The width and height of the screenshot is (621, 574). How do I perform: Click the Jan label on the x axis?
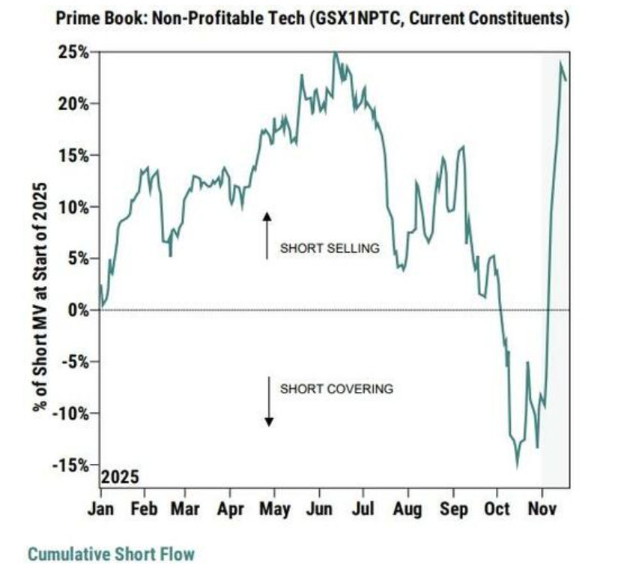102,509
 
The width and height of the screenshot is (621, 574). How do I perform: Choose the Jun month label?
320,509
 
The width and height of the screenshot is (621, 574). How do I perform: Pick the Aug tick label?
408,509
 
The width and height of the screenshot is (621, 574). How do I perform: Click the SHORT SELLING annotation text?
330,248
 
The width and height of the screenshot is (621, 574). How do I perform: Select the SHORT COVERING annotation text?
336,389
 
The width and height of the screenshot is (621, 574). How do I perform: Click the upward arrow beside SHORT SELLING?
265,235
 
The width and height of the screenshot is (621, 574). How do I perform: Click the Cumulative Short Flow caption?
111,555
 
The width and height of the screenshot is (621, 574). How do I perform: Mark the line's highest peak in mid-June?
335,53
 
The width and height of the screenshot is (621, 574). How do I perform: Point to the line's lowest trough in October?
517,468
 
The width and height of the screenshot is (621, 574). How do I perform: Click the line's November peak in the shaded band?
561,63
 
